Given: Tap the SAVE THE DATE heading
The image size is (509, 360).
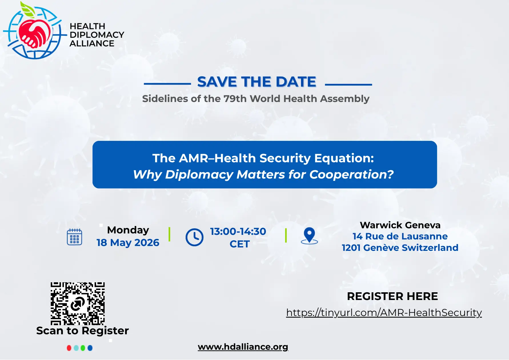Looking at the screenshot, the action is (x=256, y=82).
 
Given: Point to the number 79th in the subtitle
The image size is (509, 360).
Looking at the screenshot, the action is (x=235, y=99).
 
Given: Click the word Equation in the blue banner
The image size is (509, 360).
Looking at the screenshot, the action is (x=344, y=158).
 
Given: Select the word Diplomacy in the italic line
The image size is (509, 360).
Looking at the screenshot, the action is (x=199, y=175).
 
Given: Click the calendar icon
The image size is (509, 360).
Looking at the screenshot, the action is (x=75, y=237).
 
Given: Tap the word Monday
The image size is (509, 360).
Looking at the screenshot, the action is (x=128, y=230).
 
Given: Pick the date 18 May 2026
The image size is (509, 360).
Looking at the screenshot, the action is (x=128, y=243).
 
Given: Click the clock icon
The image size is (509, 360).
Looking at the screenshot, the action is (x=195, y=237).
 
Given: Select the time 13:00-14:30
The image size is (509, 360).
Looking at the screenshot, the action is (x=238, y=231).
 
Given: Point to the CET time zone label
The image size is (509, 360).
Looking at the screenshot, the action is (x=240, y=244).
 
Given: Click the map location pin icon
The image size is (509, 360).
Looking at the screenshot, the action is (x=309, y=236).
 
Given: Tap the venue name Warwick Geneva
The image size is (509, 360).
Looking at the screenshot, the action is (x=400, y=225).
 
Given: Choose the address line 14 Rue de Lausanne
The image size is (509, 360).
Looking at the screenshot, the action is (x=400, y=236).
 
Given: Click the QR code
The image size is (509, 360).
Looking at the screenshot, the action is (x=78, y=304).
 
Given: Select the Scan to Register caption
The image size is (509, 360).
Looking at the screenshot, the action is (x=83, y=331).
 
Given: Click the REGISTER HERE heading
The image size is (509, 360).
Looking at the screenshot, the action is (x=392, y=296).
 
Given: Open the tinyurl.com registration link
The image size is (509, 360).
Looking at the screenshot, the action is (x=384, y=313).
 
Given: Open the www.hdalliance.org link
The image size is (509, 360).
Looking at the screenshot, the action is (x=243, y=347).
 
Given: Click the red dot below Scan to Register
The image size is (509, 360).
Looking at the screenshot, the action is (x=69, y=348).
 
